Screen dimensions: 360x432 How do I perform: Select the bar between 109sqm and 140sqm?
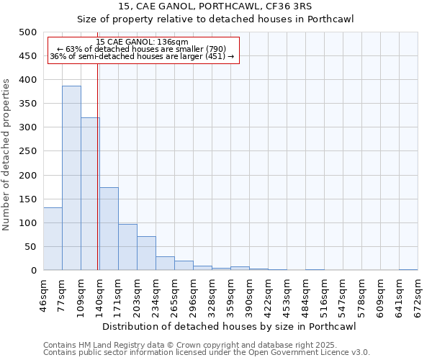(90, 194)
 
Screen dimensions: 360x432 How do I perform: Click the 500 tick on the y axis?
(28, 32)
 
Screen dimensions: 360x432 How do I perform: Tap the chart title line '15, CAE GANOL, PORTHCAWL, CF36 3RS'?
(215, 6)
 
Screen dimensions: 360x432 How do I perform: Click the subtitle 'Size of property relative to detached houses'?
(215, 19)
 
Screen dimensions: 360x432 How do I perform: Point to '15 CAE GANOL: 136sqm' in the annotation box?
(142, 42)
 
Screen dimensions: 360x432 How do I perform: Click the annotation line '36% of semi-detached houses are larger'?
(142, 56)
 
